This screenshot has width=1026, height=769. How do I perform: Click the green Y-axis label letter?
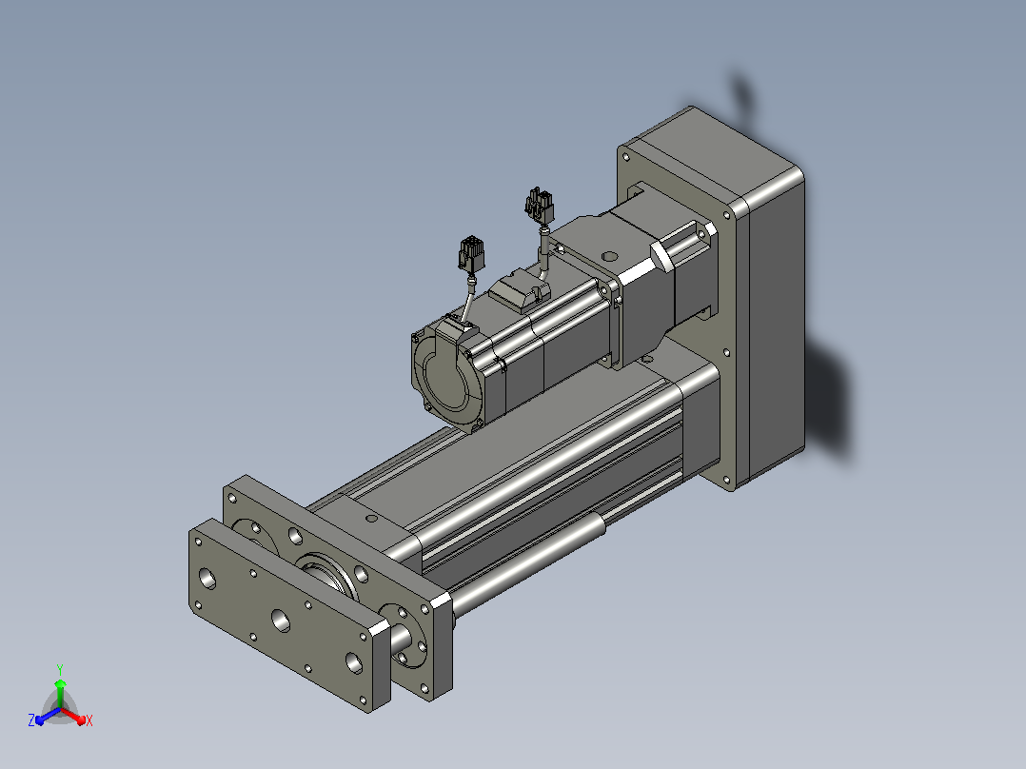[60, 669]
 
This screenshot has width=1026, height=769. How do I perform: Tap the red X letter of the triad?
[89, 720]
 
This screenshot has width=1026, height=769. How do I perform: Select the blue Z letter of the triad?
[31, 720]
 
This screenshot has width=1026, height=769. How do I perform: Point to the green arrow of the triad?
[60, 693]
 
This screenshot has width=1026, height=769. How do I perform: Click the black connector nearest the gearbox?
[539, 206]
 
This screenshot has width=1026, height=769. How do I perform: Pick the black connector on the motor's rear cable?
[471, 254]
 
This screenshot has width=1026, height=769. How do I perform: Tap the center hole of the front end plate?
[281, 620]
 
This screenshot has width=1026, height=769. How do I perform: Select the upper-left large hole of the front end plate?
[207, 578]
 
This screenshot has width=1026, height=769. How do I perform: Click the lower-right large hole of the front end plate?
[354, 663]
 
